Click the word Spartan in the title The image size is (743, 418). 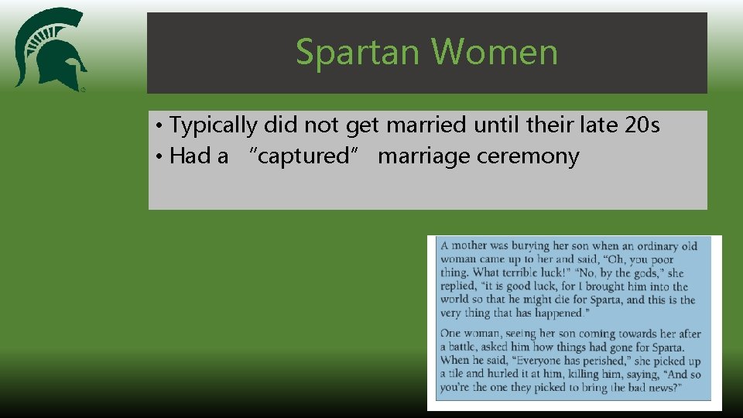pyautogui.click(x=359, y=53)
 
